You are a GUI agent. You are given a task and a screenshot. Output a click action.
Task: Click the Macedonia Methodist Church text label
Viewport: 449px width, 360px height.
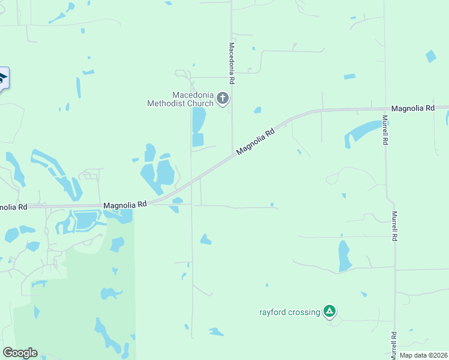click(181, 99)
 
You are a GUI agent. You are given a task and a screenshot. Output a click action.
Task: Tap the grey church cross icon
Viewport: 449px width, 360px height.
click(223, 98)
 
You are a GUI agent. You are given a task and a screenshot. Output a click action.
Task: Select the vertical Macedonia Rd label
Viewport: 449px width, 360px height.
click(231, 63)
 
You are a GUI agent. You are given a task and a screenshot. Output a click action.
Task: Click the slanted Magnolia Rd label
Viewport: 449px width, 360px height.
click(255, 142)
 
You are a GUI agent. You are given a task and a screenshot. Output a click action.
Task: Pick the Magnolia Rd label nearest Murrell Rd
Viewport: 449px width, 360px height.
click(412, 109)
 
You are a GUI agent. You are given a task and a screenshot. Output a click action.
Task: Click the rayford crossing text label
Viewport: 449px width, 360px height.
click(289, 312)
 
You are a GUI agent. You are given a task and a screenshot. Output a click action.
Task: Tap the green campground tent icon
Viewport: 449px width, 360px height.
click(329, 311)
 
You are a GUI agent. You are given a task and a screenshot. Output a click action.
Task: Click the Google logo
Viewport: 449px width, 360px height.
click(19, 353)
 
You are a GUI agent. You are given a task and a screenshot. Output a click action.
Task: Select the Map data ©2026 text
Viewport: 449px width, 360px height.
click(423, 355)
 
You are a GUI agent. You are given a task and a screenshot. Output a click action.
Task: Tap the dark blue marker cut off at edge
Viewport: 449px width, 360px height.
click(3, 78)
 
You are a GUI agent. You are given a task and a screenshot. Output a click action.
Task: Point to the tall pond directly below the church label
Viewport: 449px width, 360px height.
click(198, 120)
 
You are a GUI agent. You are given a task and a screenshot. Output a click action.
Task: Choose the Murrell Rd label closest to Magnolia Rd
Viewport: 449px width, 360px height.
click(385, 131)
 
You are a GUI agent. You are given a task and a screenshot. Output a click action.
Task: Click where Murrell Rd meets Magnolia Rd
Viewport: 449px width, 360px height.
click(385, 109)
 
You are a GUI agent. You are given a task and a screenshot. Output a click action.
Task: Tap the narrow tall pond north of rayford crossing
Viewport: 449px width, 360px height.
click(344, 256)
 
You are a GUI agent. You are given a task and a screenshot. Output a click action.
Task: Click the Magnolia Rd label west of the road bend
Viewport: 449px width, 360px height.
click(125, 205)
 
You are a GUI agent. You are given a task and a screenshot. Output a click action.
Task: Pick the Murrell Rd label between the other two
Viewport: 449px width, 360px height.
click(394, 226)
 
